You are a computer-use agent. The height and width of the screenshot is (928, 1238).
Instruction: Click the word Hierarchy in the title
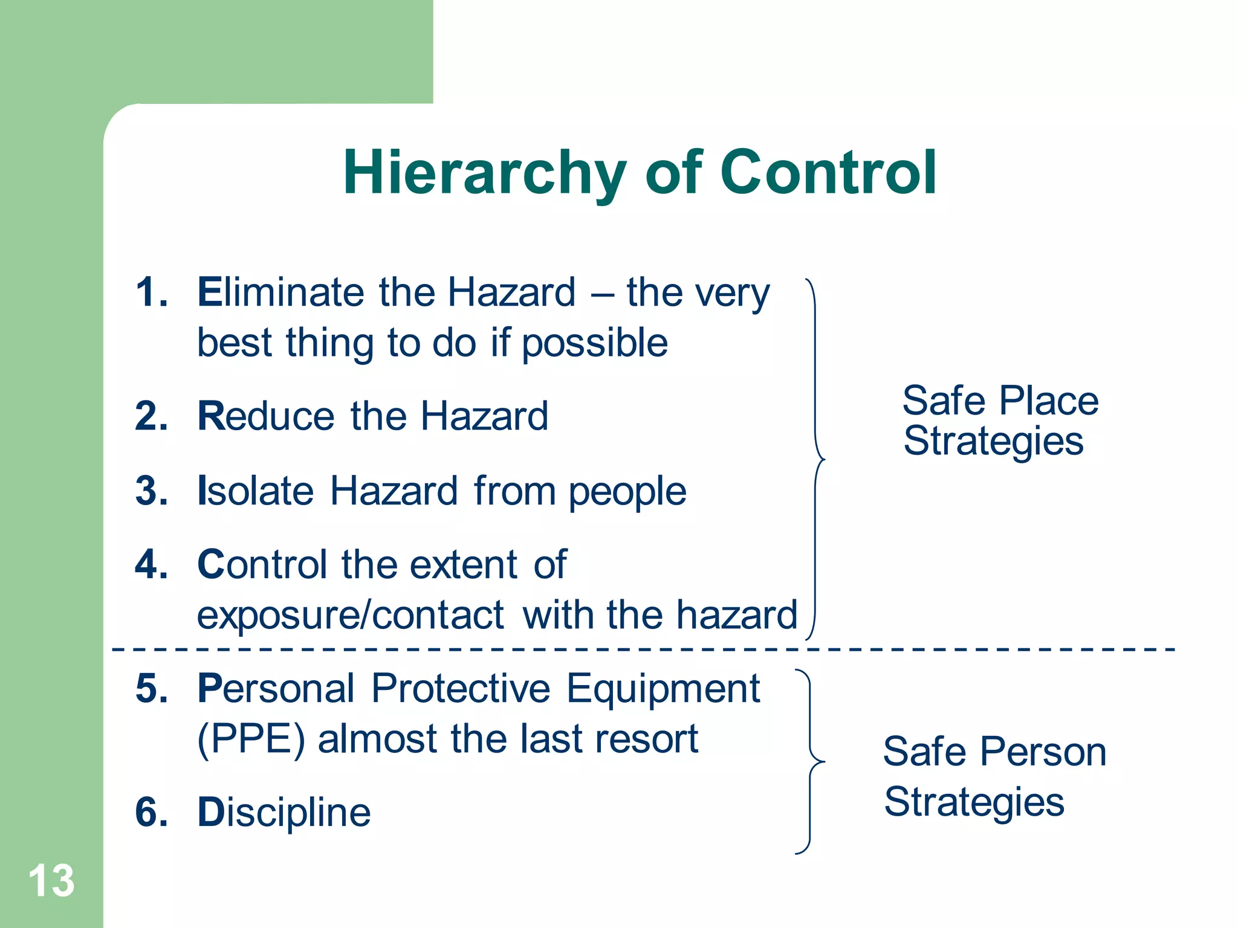click(484, 174)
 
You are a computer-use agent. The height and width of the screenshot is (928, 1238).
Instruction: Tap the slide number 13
click(51, 881)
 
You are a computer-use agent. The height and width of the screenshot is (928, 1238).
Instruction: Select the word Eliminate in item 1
click(280, 292)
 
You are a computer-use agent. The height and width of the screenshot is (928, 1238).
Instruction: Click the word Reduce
click(266, 416)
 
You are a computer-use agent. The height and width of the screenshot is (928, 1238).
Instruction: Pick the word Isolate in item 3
click(256, 491)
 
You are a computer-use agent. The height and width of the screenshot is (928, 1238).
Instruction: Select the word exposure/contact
click(351, 616)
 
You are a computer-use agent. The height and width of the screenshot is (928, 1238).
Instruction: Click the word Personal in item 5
click(276, 689)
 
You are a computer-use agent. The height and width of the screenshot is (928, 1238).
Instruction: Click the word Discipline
click(284, 813)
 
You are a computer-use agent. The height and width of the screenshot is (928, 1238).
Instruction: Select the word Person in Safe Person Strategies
click(1043, 752)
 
